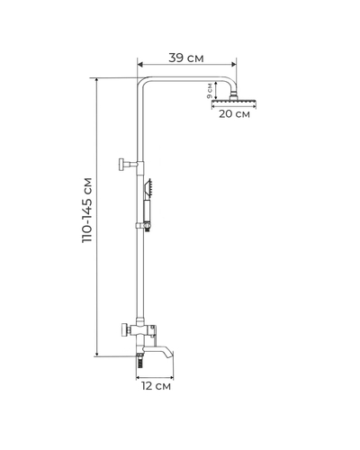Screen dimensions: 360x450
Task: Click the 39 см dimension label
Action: (186, 58)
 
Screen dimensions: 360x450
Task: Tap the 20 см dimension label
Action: (234, 114)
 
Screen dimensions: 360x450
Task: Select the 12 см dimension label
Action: (156, 386)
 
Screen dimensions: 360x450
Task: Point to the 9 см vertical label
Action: (210, 91)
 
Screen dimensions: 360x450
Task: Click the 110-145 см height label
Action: (87, 211)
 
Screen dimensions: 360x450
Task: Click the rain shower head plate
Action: (234, 104)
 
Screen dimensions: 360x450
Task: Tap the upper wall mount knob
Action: (122, 164)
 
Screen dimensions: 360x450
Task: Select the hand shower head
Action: (148, 186)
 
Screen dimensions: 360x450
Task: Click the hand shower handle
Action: (147, 211)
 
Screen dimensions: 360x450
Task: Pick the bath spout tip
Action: (171, 354)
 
